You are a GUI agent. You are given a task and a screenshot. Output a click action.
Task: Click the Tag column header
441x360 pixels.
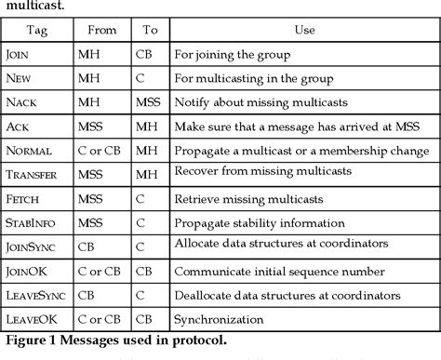36,30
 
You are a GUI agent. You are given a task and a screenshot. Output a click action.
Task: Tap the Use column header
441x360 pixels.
304,30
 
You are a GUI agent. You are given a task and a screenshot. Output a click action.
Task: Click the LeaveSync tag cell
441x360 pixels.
38,293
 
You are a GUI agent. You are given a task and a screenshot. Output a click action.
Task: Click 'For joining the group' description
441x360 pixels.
232,54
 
